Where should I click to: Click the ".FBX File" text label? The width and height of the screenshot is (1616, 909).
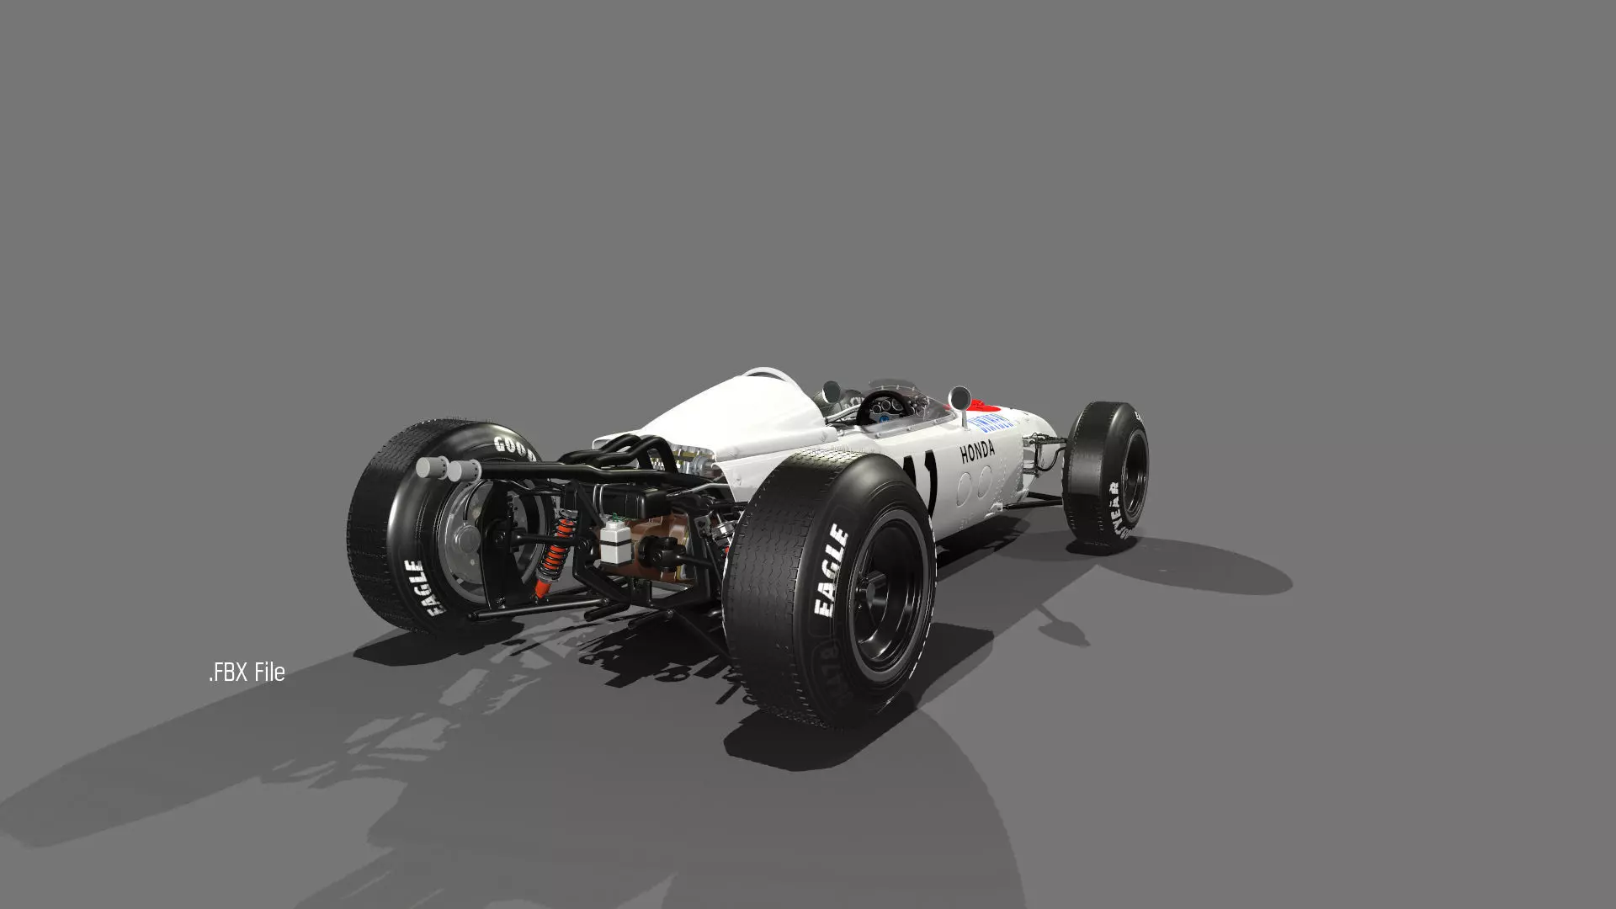(x=247, y=672)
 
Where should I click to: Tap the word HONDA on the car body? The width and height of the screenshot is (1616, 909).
(x=977, y=451)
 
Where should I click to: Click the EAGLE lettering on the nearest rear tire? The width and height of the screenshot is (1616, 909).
(x=830, y=571)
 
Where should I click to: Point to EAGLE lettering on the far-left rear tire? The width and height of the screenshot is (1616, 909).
(x=425, y=587)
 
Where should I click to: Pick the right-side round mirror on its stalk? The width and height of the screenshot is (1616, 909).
(x=958, y=395)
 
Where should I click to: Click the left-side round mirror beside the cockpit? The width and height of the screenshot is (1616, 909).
(x=830, y=390)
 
